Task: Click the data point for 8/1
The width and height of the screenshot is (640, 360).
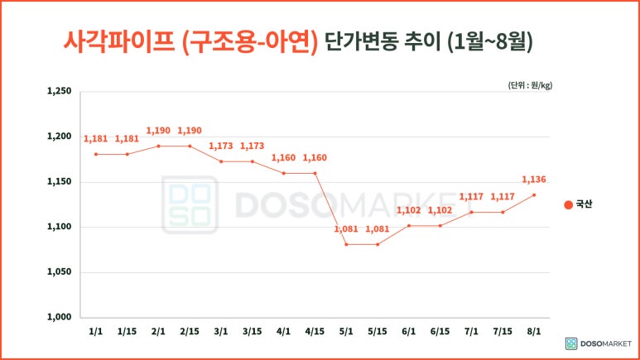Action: [x=533, y=195]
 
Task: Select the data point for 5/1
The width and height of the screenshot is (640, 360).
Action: [x=346, y=244]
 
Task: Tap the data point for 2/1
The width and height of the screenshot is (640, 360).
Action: [x=158, y=146]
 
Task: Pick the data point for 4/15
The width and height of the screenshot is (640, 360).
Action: [x=315, y=173]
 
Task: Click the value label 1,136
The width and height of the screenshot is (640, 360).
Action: [x=533, y=180]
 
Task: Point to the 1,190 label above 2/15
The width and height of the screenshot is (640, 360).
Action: [x=190, y=131]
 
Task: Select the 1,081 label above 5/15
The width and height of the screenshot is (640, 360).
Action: [x=377, y=229]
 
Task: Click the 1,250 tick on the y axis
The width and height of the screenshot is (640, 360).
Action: [x=60, y=92]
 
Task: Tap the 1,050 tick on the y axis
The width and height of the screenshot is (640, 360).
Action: [x=60, y=272]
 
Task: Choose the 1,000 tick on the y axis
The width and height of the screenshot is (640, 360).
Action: [x=60, y=317]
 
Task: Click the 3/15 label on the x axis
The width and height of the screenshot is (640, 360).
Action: [x=252, y=332]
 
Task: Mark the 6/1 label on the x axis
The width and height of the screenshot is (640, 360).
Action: [x=408, y=332]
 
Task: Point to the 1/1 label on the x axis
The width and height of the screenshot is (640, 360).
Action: [x=96, y=332]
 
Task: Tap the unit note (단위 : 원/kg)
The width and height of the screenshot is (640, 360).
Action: [x=529, y=85]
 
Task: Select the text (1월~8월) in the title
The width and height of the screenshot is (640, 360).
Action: [x=488, y=41]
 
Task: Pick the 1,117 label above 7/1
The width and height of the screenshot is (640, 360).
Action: [x=471, y=197]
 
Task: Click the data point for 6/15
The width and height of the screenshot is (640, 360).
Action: [x=440, y=225]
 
